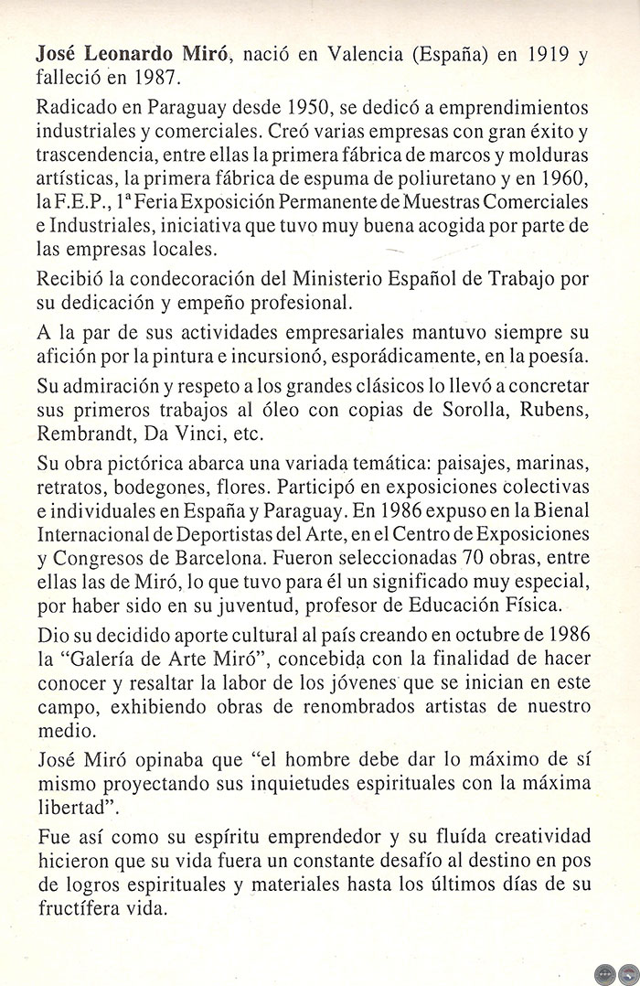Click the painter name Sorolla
point(481,407)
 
